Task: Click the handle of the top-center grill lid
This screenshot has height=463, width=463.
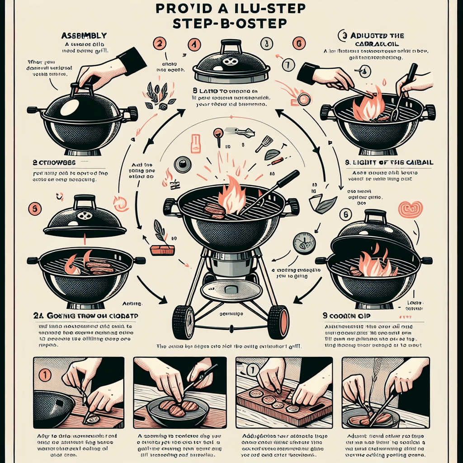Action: (231, 45)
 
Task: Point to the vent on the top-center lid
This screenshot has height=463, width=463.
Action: (231, 62)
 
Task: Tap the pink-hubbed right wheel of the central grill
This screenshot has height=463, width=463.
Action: (278, 322)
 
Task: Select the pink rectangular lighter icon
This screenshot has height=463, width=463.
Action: (195, 143)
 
